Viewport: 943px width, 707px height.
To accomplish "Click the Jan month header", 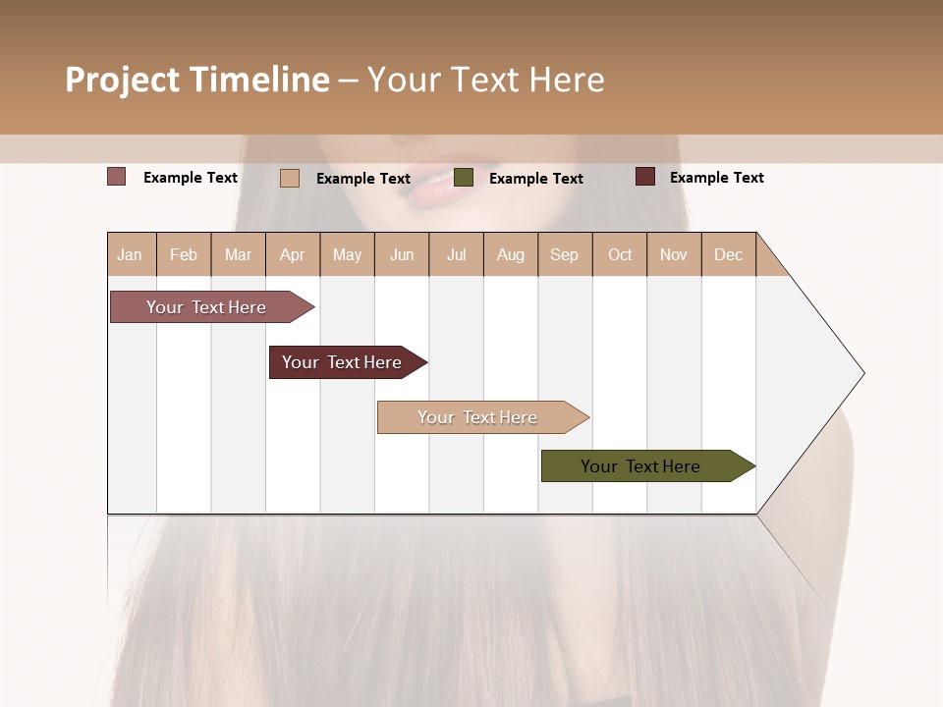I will tap(130, 254).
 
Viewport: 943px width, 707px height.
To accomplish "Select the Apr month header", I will tap(292, 254).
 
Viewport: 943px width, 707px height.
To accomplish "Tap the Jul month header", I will tap(456, 254).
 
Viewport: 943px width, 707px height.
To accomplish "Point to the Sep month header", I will tap(564, 254).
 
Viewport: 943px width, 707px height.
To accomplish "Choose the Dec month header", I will tap(728, 254).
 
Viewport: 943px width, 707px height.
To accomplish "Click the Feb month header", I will tap(184, 254).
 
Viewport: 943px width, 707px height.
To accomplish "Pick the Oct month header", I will tap(619, 254).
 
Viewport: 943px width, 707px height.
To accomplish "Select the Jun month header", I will tap(402, 254).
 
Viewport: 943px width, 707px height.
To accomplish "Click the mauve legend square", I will tap(116, 177).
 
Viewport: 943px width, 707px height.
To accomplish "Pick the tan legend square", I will tap(289, 178).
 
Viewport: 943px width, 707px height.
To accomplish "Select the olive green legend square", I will tap(464, 178).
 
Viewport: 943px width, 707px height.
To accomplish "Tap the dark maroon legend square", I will tap(644, 177).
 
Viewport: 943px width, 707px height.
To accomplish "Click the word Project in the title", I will tap(123, 80).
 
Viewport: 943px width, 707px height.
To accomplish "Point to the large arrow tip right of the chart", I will tap(825, 373).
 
